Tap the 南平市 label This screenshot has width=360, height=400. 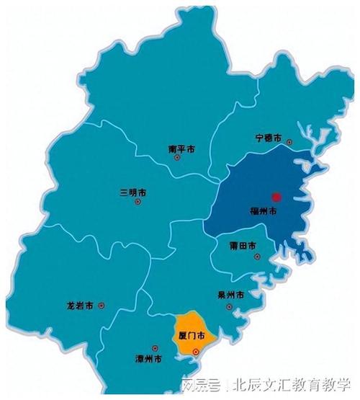click(181, 149)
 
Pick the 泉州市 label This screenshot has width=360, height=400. click(230, 295)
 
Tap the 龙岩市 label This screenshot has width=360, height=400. click(80, 306)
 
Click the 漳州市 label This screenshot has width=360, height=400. click(148, 358)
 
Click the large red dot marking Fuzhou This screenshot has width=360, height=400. click(274, 196)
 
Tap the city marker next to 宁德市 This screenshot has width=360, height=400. click(289, 142)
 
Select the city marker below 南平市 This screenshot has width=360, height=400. click(177, 158)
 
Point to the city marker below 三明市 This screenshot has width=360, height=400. click(138, 202)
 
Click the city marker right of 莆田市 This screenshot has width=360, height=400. click(263, 246)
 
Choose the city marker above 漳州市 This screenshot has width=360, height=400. click(148, 347)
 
